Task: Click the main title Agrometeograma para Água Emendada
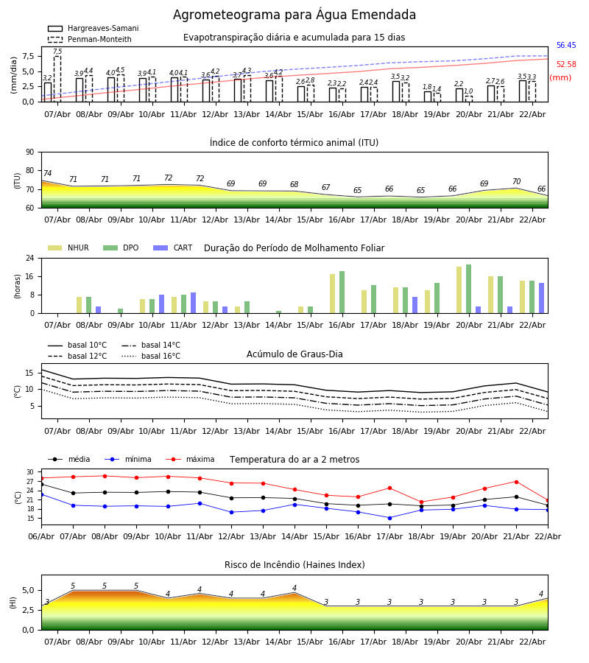click(x=294, y=15)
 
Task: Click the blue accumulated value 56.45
click(x=566, y=46)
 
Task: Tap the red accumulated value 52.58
click(x=566, y=65)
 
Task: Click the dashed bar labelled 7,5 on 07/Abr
click(x=57, y=78)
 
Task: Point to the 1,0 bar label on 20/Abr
click(x=468, y=91)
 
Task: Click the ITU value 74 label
click(x=47, y=174)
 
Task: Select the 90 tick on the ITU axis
click(x=29, y=152)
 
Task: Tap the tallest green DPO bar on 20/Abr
click(x=468, y=289)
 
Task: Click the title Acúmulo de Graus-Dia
click(x=294, y=354)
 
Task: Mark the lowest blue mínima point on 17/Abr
click(x=389, y=518)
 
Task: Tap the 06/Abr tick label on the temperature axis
click(x=41, y=536)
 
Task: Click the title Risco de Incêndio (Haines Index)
click(x=294, y=565)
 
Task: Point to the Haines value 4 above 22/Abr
click(x=541, y=594)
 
